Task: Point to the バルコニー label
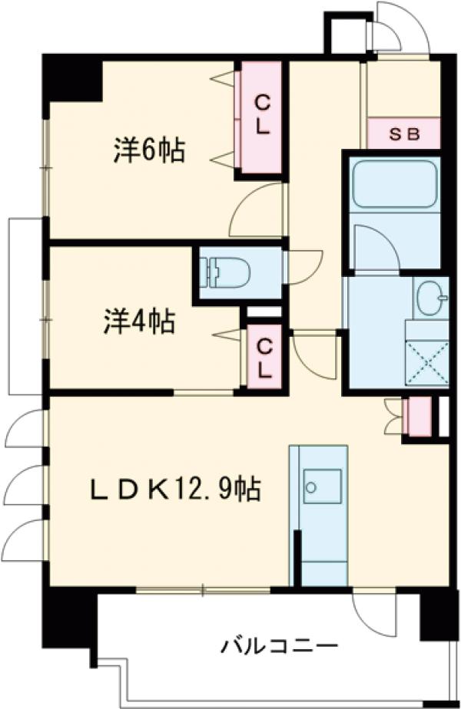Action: pyautogui.click(x=280, y=645)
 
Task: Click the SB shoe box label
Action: pyautogui.click(x=403, y=134)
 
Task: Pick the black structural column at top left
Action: pyautogui.click(x=73, y=77)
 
